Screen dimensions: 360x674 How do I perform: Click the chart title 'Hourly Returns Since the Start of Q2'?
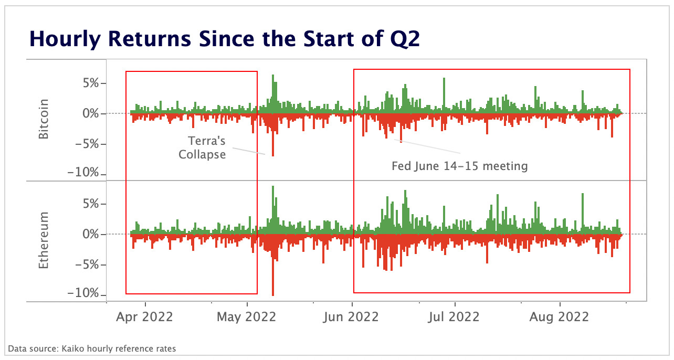pyautogui.click(x=224, y=39)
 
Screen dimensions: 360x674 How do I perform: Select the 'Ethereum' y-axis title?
pyautogui.click(x=44, y=240)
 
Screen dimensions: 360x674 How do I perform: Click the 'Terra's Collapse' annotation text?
pyautogui.click(x=203, y=147)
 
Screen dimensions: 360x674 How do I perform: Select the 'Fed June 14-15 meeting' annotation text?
pyautogui.click(x=459, y=166)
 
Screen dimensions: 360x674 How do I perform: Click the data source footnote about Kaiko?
pyautogui.click(x=92, y=348)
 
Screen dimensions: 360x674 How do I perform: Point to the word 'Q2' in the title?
pyautogui.click(x=404, y=39)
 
